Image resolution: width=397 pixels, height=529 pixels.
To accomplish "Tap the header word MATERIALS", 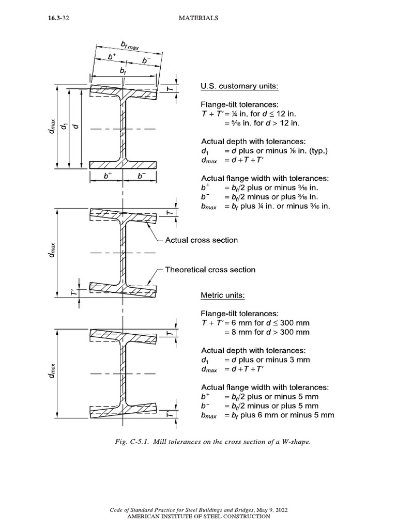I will [198, 18].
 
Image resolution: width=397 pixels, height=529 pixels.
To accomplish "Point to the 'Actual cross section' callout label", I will [201, 240].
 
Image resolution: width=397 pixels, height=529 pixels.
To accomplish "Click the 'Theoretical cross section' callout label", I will [210, 270].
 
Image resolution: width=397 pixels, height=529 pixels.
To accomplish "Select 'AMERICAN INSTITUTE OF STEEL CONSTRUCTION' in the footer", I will [198, 516].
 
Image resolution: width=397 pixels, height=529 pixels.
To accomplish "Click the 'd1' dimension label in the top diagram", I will [64, 127].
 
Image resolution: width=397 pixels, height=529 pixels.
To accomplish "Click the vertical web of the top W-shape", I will [123, 129].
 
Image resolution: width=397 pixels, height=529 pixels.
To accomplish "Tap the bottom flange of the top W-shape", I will [123, 164].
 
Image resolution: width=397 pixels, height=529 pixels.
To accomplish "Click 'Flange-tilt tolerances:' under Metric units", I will [240, 314].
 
